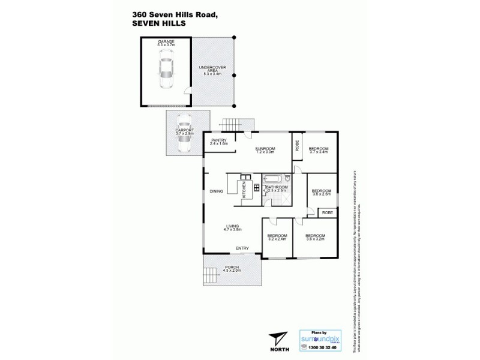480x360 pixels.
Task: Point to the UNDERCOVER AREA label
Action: click(x=212, y=68)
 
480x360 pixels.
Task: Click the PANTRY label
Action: click(x=218, y=142)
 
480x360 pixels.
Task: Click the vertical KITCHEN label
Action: click(x=244, y=191)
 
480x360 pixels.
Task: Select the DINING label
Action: click(x=217, y=192)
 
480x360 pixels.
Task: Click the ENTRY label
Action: click(x=242, y=248)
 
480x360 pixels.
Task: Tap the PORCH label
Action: click(x=232, y=268)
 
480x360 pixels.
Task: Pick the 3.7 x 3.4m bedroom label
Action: click(x=318, y=150)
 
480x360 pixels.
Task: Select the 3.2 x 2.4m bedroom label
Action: click(x=277, y=237)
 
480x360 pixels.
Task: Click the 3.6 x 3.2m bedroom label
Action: click(x=315, y=237)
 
